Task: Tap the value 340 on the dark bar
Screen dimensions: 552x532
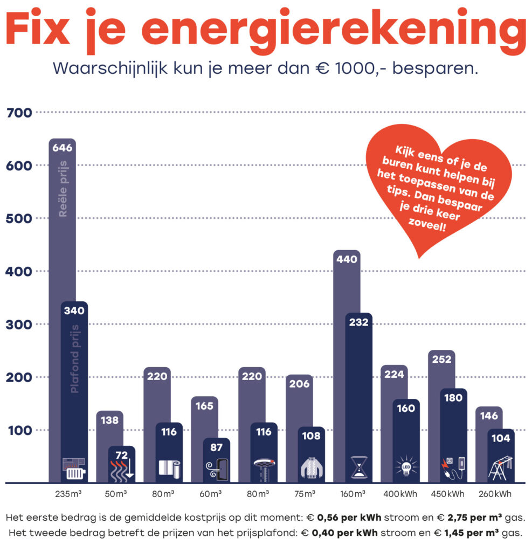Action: [74, 310]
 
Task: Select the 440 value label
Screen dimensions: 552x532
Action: [347, 259]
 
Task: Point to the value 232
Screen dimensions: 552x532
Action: [358, 322]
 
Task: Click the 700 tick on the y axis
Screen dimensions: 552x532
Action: [19, 113]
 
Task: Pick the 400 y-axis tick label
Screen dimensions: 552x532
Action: [19, 271]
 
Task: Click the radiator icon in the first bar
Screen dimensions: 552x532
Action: [74, 468]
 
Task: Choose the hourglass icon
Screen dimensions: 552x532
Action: [358, 467]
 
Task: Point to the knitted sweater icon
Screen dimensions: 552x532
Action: [311, 468]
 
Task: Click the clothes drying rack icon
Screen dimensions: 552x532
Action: [501, 467]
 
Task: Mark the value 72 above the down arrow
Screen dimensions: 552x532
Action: [122, 455]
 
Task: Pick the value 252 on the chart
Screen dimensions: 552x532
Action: [441, 360]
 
